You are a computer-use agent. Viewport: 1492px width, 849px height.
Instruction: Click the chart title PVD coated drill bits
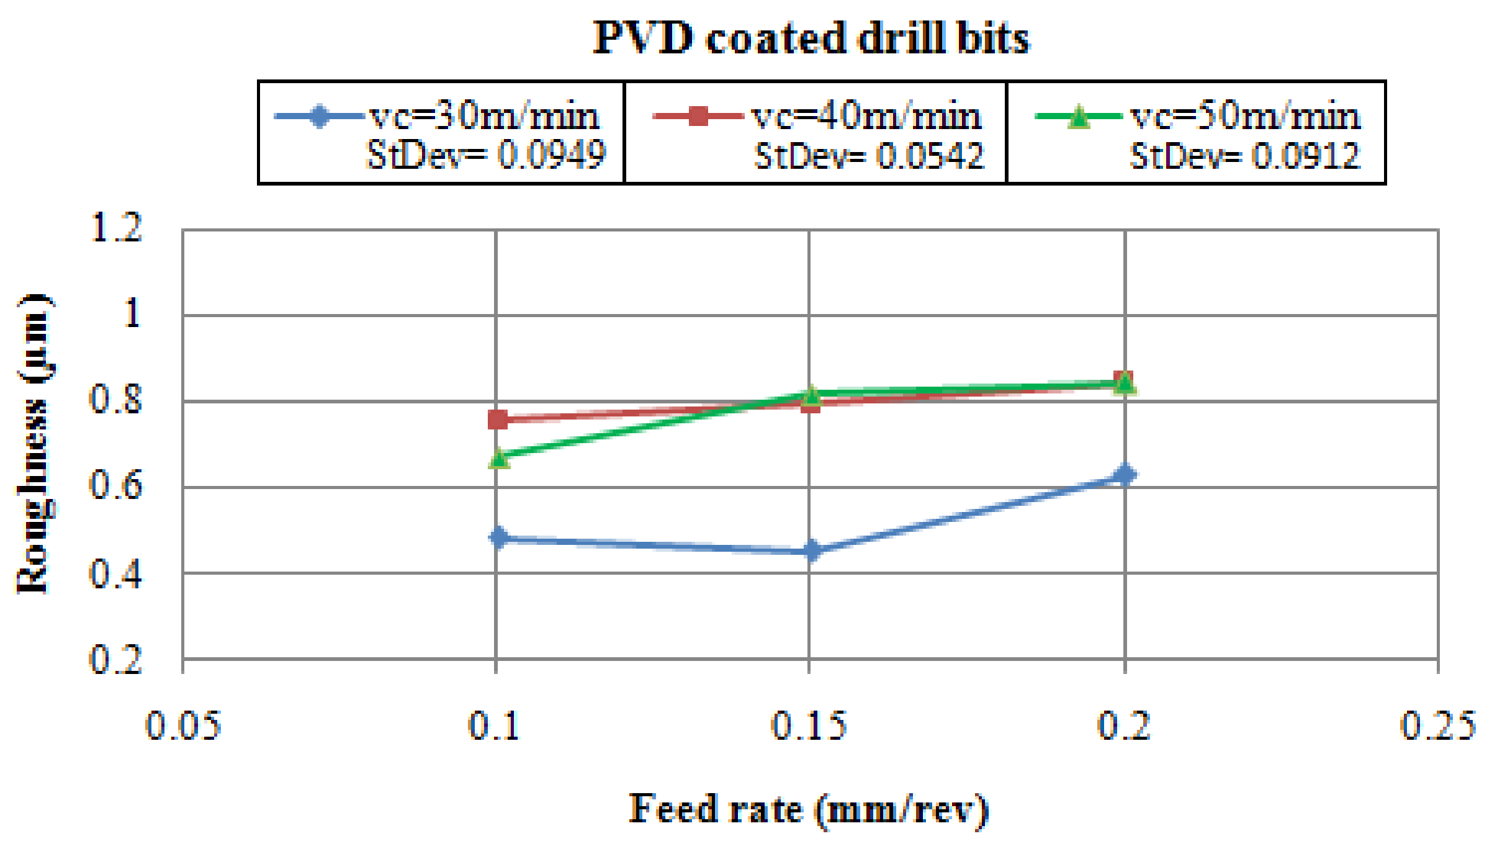tap(811, 38)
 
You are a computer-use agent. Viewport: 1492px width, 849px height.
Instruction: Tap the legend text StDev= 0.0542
tap(869, 155)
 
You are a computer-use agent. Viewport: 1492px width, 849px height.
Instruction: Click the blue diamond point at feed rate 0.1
tap(498, 537)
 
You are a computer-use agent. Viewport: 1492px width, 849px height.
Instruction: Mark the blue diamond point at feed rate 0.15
tap(811, 550)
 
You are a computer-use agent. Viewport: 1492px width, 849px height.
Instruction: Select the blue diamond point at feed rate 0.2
tap(1125, 475)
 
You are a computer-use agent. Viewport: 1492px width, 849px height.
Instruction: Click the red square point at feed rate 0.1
tap(498, 420)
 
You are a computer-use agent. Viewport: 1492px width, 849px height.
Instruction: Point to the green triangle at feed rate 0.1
tap(498, 458)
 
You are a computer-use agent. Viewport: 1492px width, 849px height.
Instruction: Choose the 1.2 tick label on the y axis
tap(116, 227)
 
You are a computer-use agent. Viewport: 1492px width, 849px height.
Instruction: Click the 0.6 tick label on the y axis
tap(116, 485)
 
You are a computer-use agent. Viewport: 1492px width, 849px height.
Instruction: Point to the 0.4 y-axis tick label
tap(116, 573)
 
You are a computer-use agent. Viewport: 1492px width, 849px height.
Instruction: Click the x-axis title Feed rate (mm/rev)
tap(808, 810)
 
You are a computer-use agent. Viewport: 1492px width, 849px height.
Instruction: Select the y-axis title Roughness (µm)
tap(34, 444)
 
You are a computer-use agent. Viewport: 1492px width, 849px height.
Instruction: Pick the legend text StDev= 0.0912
tap(1244, 155)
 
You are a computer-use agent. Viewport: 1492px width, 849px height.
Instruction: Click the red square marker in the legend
tap(698, 116)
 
